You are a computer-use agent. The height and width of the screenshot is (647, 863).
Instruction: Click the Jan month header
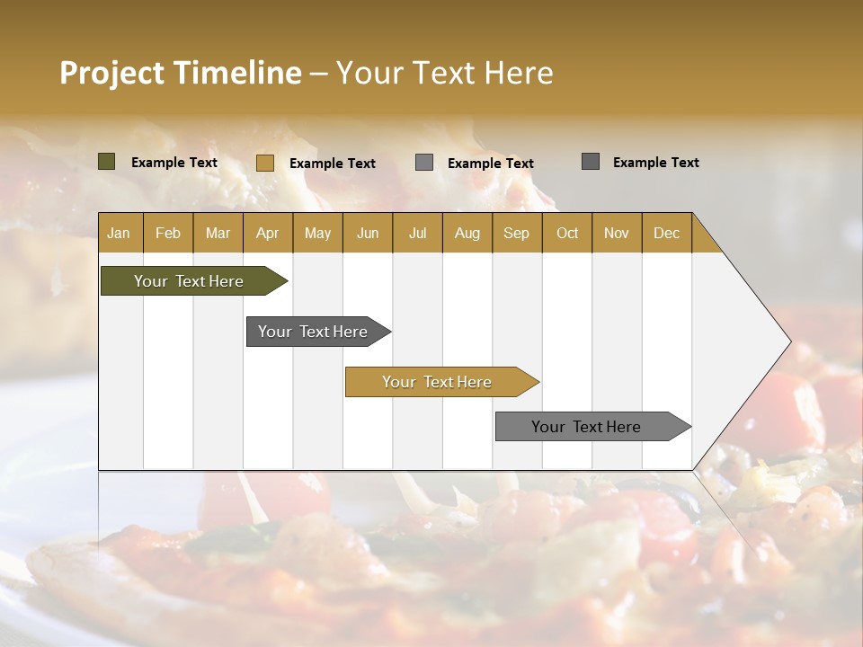pyautogui.click(x=119, y=233)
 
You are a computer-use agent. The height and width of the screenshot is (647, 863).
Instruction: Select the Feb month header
pyautogui.click(x=168, y=233)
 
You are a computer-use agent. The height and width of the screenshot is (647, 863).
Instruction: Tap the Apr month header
pyautogui.click(x=267, y=233)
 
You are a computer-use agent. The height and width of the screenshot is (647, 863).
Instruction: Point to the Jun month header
pyautogui.click(x=368, y=233)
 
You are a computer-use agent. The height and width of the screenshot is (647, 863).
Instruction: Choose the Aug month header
pyautogui.click(x=467, y=233)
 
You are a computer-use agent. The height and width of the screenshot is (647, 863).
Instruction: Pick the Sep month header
pyautogui.click(x=516, y=233)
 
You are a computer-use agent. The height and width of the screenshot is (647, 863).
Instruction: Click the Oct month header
pyautogui.click(x=567, y=233)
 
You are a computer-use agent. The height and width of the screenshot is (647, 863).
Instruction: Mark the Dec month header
pyautogui.click(x=666, y=233)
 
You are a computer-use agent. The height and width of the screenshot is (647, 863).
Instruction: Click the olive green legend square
pyautogui.click(x=106, y=162)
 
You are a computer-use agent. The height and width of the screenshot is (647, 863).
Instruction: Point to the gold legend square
pyautogui.click(x=264, y=163)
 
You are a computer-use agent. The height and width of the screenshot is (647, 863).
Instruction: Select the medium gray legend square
pyautogui.click(x=424, y=163)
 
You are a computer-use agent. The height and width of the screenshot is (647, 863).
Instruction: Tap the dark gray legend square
pyautogui.click(x=590, y=162)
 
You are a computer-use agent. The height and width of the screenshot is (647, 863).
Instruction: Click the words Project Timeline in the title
pyautogui.click(x=180, y=73)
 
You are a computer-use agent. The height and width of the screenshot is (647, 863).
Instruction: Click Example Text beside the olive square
pyautogui.click(x=174, y=163)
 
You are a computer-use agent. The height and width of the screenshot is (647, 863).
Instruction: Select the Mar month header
pyautogui.click(x=218, y=233)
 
